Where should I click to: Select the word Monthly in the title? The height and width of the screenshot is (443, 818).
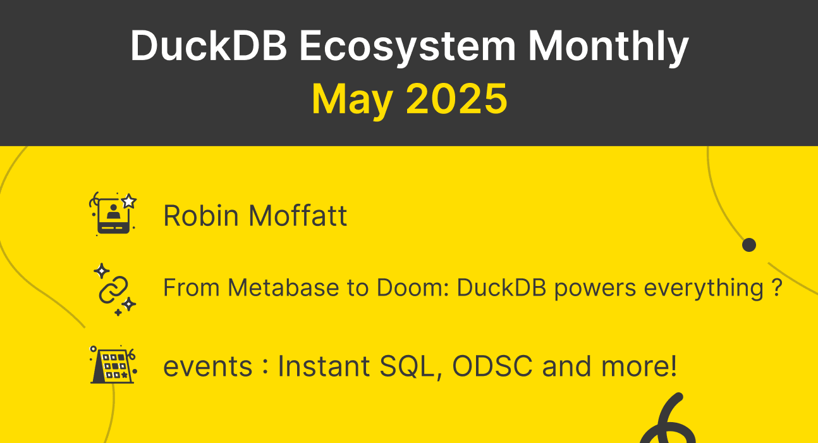click(x=607, y=46)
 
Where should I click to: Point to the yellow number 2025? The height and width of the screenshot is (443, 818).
click(x=456, y=99)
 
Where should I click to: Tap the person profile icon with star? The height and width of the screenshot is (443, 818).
click(x=113, y=214)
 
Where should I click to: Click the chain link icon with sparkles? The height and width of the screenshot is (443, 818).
click(x=114, y=289)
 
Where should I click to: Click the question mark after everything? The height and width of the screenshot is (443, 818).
click(x=778, y=288)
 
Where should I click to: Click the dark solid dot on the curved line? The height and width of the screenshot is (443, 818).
click(x=748, y=245)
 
